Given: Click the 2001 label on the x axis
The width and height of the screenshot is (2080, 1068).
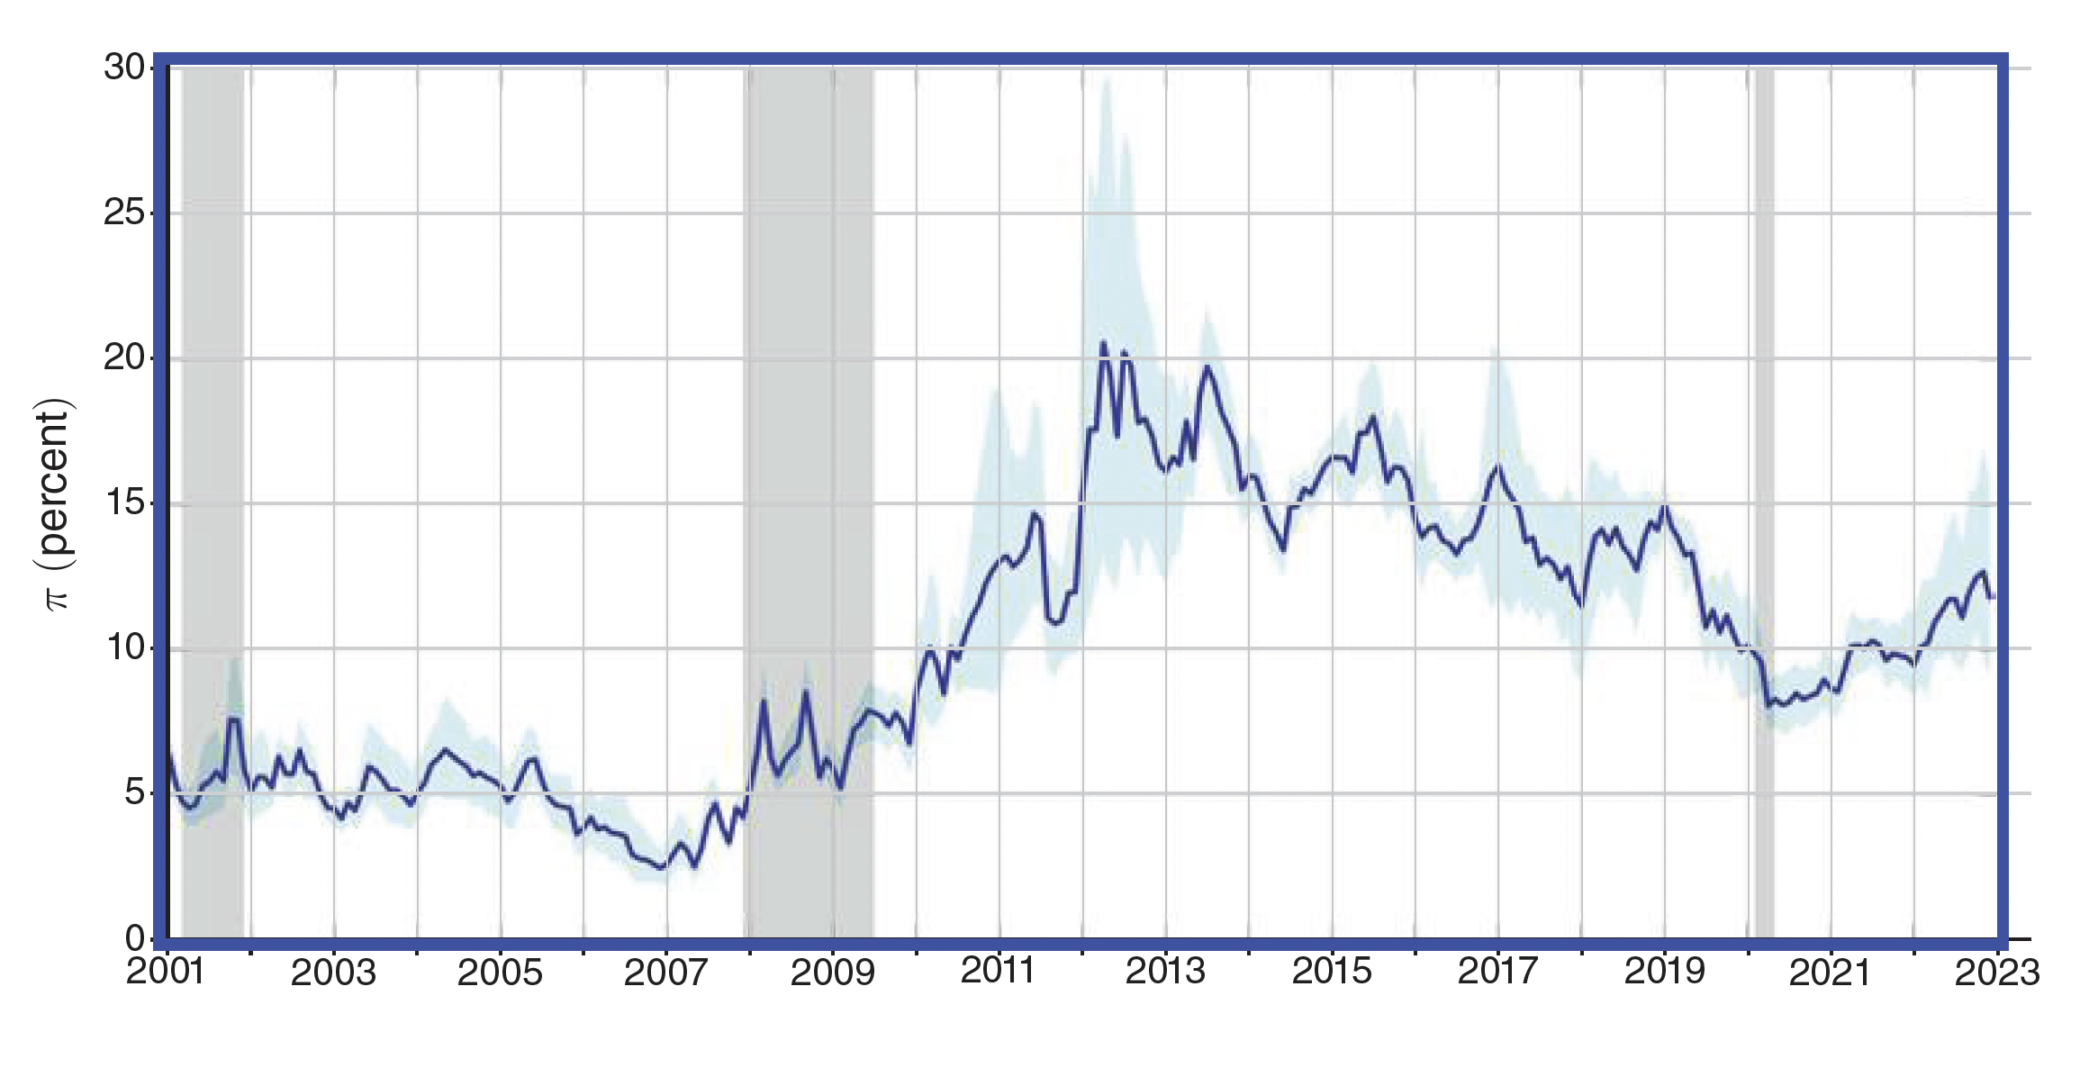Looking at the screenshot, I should tap(167, 973).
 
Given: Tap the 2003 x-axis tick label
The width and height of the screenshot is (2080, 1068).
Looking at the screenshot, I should tap(334, 973).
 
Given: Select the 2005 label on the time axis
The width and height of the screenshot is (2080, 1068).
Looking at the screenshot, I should tap(500, 973).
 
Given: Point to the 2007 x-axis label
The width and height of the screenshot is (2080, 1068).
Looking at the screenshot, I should tap(666, 973).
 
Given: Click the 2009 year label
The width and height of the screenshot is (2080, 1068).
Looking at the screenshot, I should tap(833, 973).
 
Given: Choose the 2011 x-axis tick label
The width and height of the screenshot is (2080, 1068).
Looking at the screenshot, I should tap(999, 971).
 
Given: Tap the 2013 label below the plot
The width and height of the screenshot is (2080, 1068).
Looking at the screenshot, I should tap(1165, 971).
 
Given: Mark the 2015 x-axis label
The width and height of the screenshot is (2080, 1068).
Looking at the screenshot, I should tap(1332, 971).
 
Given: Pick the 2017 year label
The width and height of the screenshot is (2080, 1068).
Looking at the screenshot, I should tap(1498, 971).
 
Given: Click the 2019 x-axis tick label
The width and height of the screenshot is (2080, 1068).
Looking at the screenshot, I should tap(1665, 971).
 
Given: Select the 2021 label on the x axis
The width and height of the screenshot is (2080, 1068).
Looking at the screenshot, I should tap(1831, 973).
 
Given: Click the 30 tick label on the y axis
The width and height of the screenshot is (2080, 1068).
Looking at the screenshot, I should tap(125, 68).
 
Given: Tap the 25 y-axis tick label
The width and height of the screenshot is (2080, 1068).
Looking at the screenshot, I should tap(125, 213).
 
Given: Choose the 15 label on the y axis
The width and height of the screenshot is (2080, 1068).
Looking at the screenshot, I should tap(125, 503).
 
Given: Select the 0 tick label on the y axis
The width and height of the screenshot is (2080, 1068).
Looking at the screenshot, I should tap(135, 939).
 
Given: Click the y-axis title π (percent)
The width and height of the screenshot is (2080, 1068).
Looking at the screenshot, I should tap(56, 504).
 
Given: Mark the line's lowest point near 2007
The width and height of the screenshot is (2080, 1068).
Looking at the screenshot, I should tap(661, 868).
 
